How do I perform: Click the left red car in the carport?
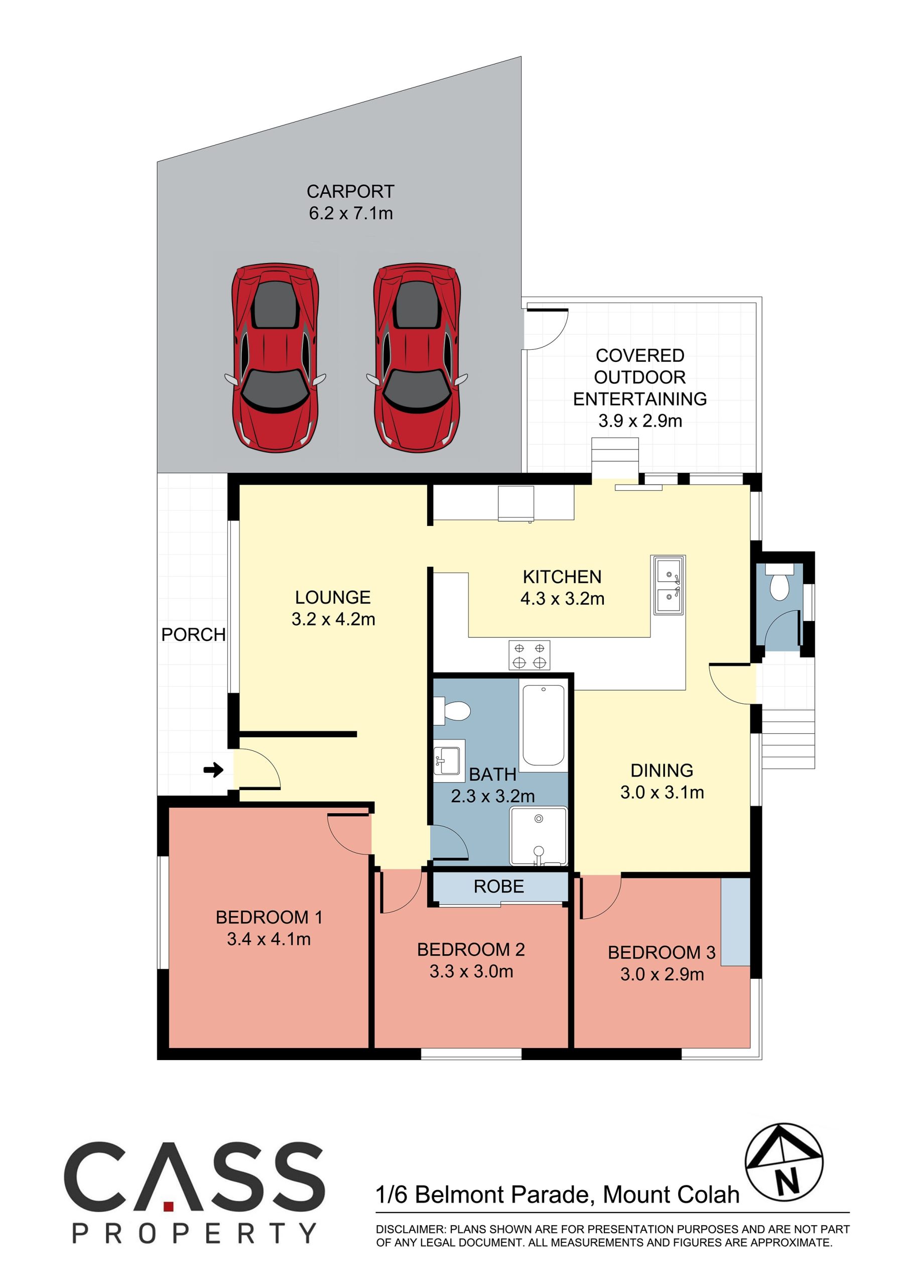click(x=276, y=358)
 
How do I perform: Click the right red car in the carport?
click(x=417, y=358)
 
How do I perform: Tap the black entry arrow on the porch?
click(x=213, y=770)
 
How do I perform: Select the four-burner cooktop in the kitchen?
click(x=529, y=656)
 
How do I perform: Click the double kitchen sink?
click(x=668, y=585)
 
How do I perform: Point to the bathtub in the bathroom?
click(x=544, y=725)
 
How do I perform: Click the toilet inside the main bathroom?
click(x=452, y=711)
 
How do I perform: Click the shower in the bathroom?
click(x=539, y=836)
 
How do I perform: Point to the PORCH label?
click(x=193, y=634)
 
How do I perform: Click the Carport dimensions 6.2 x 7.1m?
click(x=351, y=213)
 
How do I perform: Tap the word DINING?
click(x=662, y=770)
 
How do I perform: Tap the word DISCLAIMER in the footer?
click(x=410, y=1230)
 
